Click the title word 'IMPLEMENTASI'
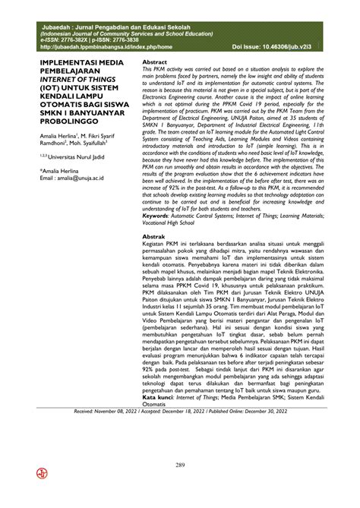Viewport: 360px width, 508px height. (x=61, y=66)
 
